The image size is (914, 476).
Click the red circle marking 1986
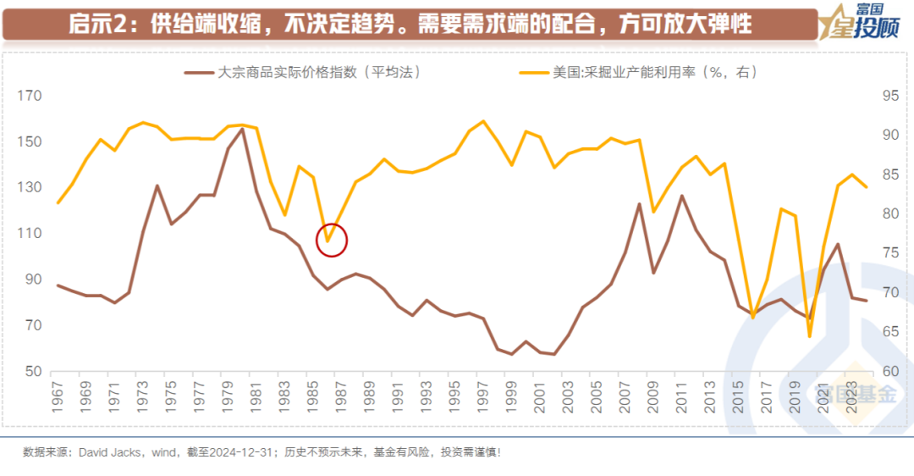[333, 240]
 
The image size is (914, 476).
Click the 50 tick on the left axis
[32, 372]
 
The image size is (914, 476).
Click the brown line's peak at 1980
[242, 129]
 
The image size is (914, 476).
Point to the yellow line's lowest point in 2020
[809, 336]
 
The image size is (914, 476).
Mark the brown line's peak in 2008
[640, 204]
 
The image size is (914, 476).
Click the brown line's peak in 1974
[157, 185]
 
